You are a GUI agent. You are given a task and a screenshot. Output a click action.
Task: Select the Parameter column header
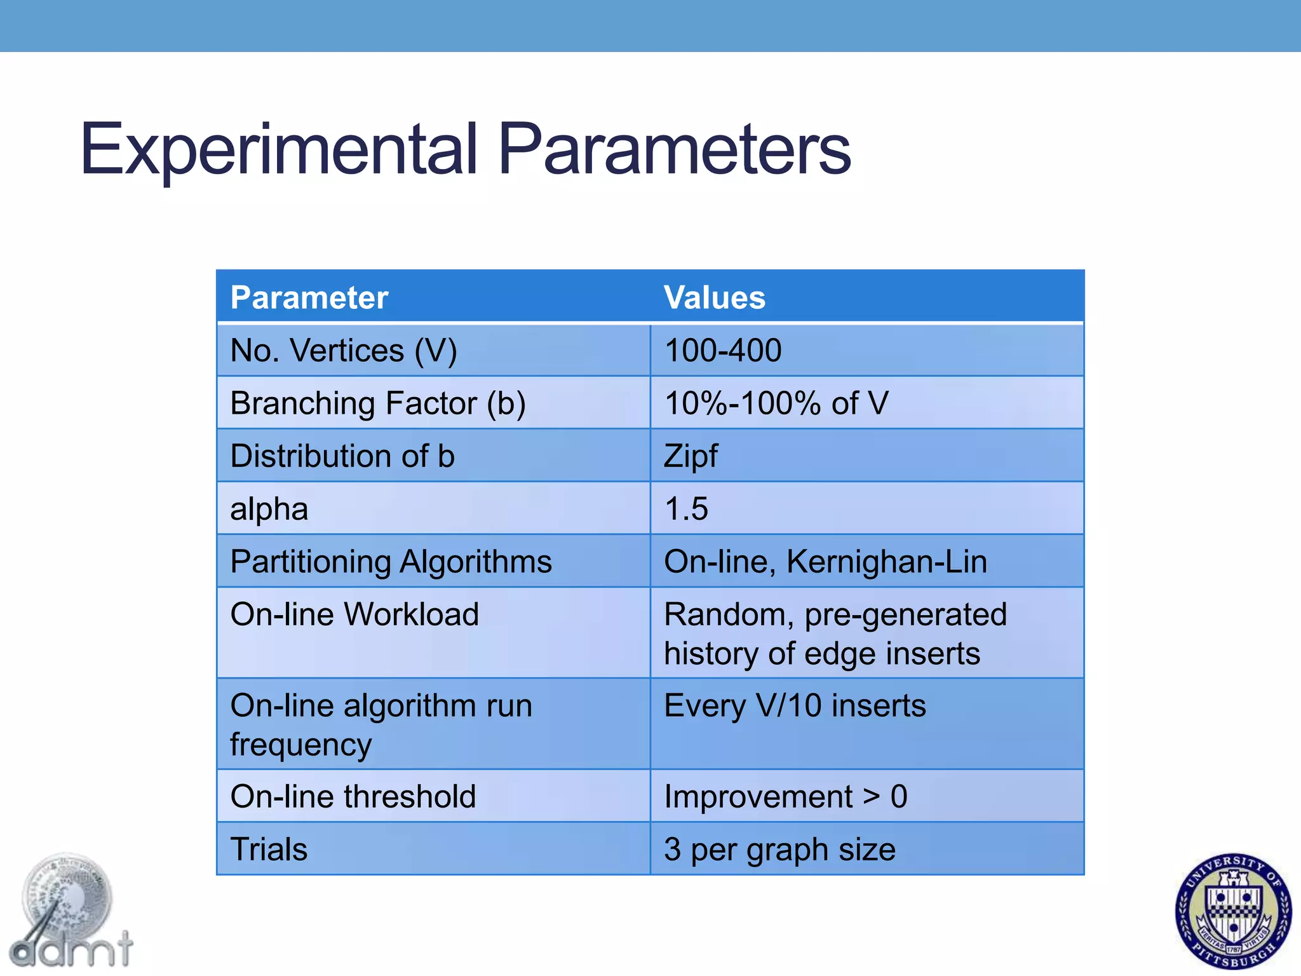click(309, 297)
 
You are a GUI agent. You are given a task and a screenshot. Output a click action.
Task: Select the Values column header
click(714, 297)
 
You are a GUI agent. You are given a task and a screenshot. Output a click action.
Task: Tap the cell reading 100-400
click(723, 351)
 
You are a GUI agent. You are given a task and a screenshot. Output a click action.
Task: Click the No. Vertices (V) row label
click(343, 351)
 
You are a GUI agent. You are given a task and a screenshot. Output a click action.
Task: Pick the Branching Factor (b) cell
click(378, 403)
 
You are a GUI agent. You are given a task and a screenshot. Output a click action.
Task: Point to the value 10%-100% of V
click(776, 403)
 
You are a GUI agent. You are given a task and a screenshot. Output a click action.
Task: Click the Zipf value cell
click(691, 456)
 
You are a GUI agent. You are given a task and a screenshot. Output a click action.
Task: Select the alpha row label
click(269, 509)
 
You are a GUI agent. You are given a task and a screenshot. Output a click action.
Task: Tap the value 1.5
click(686, 509)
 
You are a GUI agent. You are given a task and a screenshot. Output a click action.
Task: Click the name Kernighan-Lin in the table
click(887, 562)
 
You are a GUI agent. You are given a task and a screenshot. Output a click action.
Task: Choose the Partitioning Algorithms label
click(391, 562)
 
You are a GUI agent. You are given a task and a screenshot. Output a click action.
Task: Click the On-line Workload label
click(354, 614)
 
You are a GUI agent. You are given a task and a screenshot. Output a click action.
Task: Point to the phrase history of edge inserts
click(822, 654)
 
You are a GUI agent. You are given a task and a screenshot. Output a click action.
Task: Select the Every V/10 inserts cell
click(795, 706)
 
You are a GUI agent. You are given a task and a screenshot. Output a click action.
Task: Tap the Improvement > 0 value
click(785, 797)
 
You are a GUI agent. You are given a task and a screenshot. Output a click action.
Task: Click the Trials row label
click(269, 850)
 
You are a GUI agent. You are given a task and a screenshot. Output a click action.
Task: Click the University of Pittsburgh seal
click(1233, 911)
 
